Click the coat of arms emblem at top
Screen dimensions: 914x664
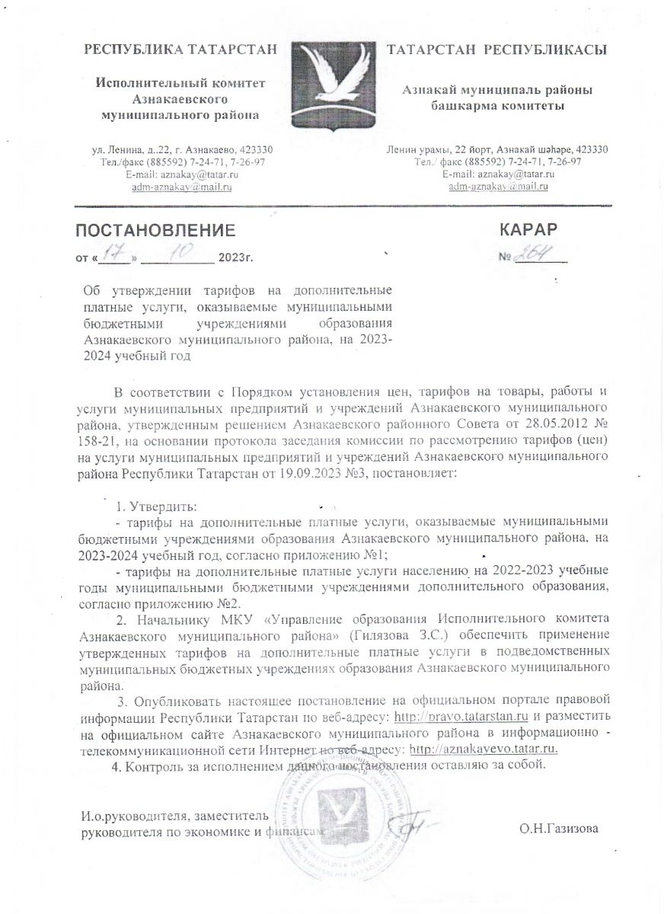(x=332, y=88)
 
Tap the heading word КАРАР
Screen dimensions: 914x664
(x=528, y=229)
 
